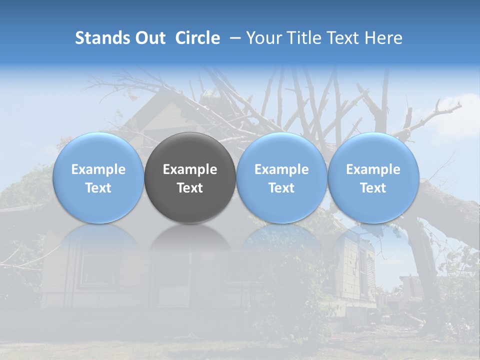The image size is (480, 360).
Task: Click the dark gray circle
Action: [x=190, y=177]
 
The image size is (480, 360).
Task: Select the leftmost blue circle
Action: [x=98, y=177]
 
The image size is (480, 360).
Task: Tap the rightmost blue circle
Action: [x=373, y=177]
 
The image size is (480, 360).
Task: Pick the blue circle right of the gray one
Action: [x=281, y=177]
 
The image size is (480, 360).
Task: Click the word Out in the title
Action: [x=149, y=38]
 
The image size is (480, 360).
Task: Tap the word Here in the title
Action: [x=384, y=38]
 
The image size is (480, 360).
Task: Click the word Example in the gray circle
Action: [x=190, y=169]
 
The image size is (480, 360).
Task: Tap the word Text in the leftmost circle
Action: [x=98, y=188]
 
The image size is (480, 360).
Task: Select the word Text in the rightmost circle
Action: [x=373, y=188]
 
